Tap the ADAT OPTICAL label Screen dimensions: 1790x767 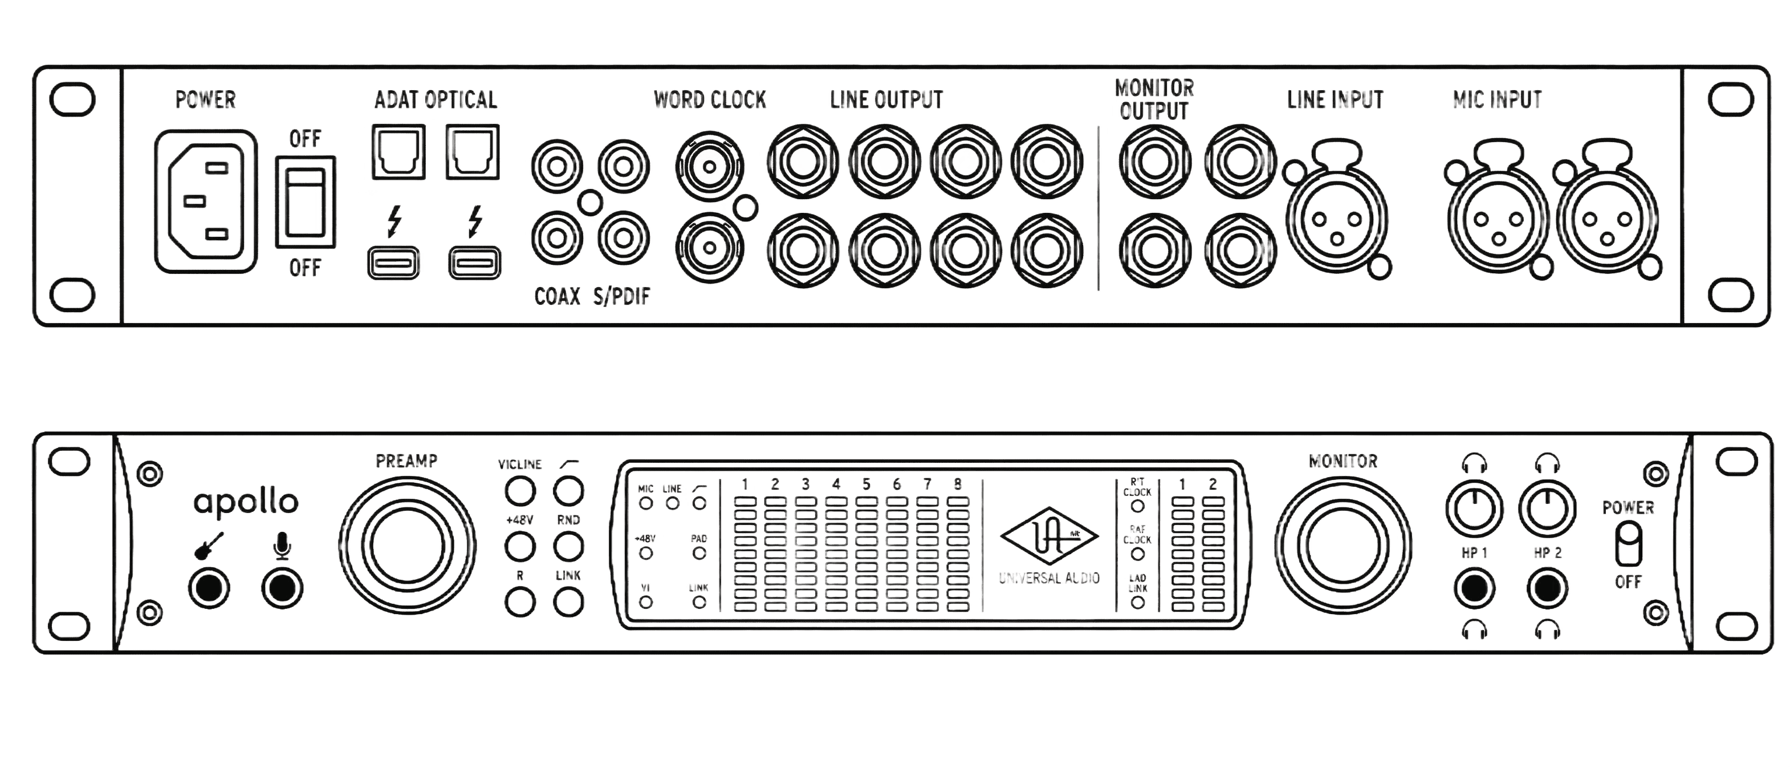[x=436, y=99]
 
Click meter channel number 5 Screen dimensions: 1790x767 [x=866, y=484]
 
